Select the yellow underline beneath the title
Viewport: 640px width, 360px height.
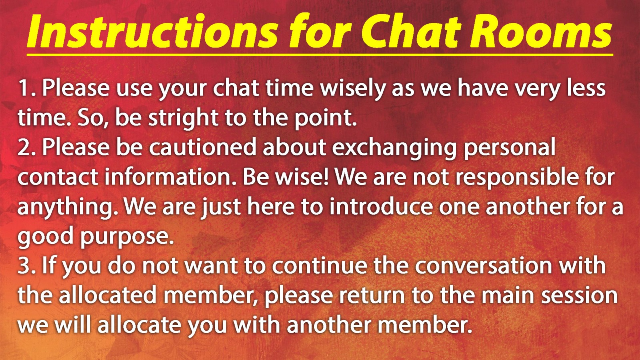click(320, 54)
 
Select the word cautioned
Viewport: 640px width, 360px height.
click(202, 147)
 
